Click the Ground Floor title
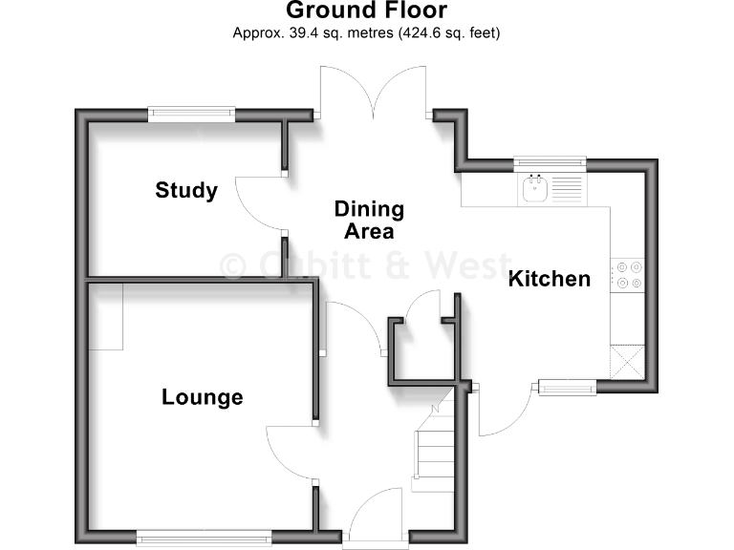(367, 11)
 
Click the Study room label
(186, 191)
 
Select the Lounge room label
(202, 397)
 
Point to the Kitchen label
(549, 279)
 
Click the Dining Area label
(369, 220)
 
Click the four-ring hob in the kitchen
(629, 275)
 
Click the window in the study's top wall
(191, 115)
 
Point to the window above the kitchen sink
(549, 163)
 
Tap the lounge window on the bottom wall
(203, 537)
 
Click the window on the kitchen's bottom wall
(568, 387)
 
